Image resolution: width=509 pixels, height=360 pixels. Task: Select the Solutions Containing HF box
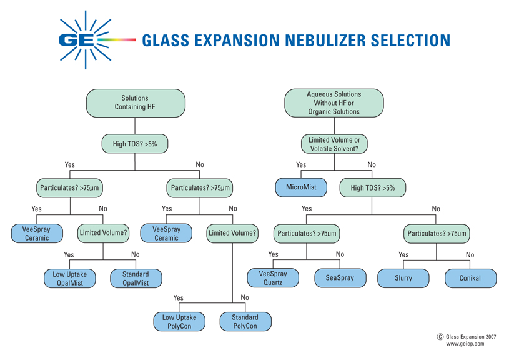point(135,102)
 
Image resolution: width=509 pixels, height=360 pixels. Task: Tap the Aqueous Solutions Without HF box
point(334,102)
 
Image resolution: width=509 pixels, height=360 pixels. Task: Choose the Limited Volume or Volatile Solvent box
point(334,144)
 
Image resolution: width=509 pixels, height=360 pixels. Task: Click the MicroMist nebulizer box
point(301,187)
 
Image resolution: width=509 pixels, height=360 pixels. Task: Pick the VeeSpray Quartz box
point(273,277)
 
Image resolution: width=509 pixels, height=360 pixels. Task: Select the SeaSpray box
point(340,277)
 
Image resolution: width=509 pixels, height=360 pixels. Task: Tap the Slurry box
point(403,277)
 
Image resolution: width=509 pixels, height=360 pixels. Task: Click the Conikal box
point(470,277)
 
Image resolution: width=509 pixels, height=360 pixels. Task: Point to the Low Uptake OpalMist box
point(69,278)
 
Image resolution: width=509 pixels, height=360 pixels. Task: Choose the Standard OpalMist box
point(136,278)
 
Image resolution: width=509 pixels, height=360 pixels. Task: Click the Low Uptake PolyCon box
point(179,321)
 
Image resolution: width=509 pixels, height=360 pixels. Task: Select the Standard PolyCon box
point(245,321)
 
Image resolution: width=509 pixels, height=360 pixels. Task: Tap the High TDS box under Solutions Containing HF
point(135,144)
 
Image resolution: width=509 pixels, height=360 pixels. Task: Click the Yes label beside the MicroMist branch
point(301,165)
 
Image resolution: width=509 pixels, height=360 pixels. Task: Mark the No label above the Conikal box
point(470,255)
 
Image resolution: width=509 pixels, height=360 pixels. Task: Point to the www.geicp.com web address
point(465,344)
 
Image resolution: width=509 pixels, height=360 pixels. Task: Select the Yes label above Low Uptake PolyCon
point(179,298)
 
